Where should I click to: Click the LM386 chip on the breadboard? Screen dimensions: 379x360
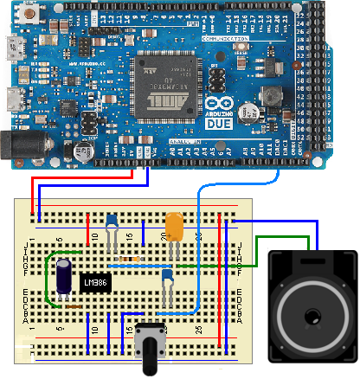93,283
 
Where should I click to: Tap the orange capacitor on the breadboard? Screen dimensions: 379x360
174,228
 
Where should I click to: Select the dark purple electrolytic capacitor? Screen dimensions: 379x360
66,276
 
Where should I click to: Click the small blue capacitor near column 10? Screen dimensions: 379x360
112,222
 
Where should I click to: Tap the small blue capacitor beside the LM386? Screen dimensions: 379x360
168,276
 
